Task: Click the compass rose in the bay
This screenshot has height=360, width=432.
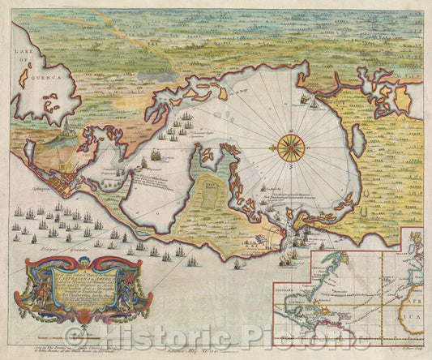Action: pos(289,147)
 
